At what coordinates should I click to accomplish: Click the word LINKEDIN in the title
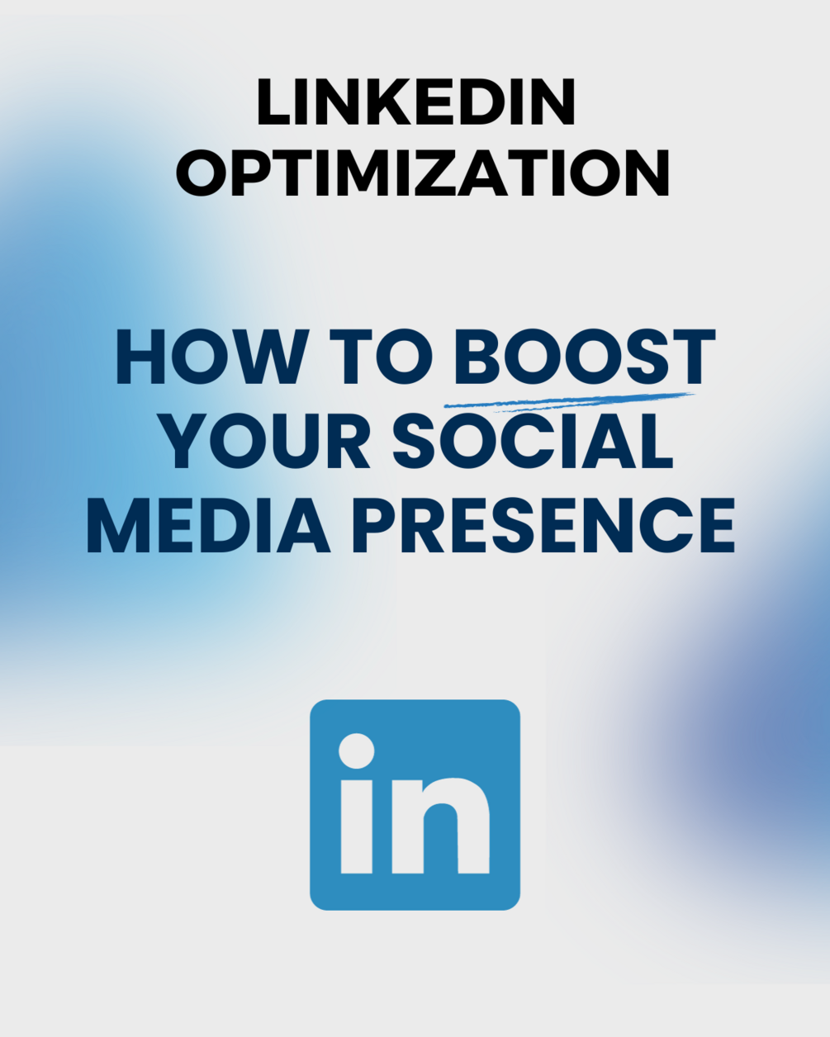click(x=416, y=102)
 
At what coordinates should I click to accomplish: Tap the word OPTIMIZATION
click(x=423, y=172)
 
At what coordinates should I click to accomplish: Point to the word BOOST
click(x=585, y=357)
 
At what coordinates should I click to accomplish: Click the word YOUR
click(x=264, y=440)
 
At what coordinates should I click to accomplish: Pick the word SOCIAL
click(x=533, y=440)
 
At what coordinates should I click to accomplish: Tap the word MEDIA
click(x=209, y=524)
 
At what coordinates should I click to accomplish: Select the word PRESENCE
click(x=544, y=524)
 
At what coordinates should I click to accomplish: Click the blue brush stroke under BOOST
click(x=569, y=401)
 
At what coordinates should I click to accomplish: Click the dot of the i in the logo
click(x=357, y=751)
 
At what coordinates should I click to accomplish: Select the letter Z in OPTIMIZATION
click(x=437, y=172)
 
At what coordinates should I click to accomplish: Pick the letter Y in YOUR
click(x=182, y=440)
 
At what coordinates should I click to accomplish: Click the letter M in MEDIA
click(x=119, y=524)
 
